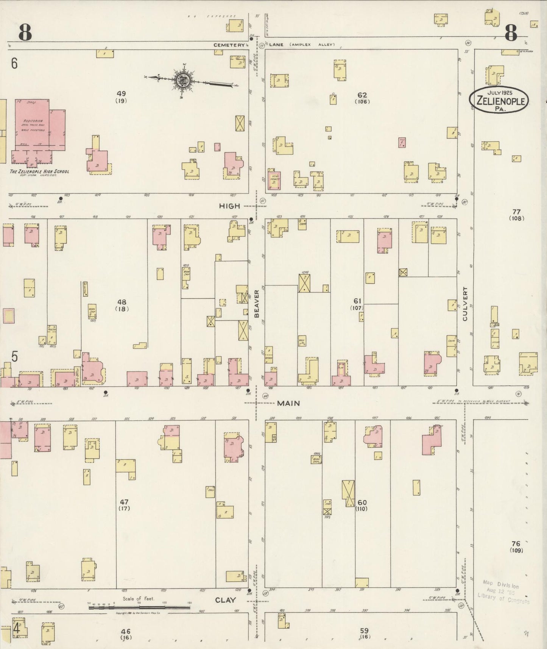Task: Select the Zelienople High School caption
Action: pos(40,172)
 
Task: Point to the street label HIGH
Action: pos(229,206)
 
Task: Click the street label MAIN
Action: pos(288,403)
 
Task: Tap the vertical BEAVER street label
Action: pos(257,303)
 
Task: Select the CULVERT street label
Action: pos(465,304)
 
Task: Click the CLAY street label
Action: pos(225,600)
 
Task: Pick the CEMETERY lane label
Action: pos(229,45)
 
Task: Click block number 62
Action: pos(362,95)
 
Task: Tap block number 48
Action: pos(122,302)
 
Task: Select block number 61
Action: pos(357,301)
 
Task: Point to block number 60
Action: pos(362,502)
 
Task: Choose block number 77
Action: pos(516,212)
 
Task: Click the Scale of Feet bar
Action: pos(139,607)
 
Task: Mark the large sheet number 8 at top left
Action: pos(25,33)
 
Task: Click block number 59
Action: pos(364,631)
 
